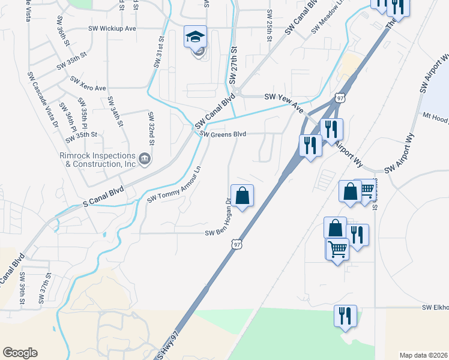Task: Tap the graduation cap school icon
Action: [196, 38]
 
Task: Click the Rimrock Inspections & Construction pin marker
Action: [144, 159]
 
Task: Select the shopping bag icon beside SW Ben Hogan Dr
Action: [242, 196]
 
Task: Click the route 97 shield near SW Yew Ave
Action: [340, 97]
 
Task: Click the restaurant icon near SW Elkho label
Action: [345, 316]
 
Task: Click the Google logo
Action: [20, 353]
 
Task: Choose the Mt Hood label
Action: [435, 117]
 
